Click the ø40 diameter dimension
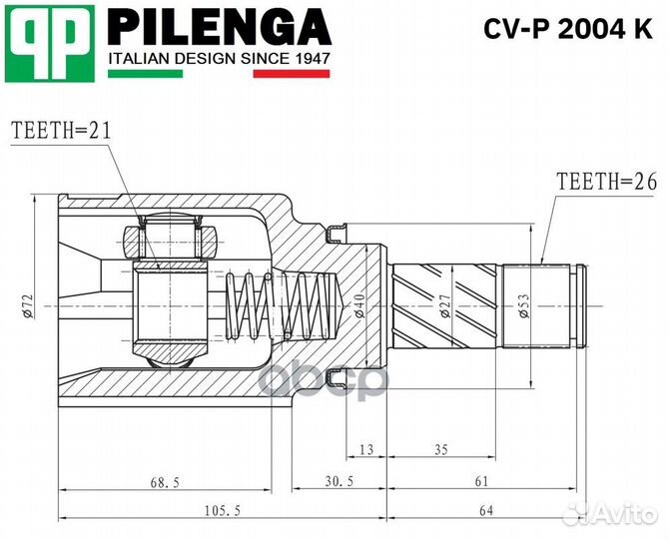[x=358, y=302]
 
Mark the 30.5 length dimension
[x=338, y=482]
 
